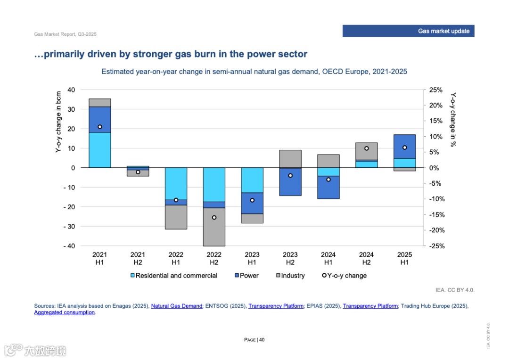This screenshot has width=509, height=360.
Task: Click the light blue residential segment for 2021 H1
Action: (99, 150)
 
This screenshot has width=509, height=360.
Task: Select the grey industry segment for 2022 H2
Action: (214, 227)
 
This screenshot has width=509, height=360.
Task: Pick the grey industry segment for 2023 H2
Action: (290, 159)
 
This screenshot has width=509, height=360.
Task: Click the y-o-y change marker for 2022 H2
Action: (214, 218)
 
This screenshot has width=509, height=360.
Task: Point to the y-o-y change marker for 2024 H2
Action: (366, 148)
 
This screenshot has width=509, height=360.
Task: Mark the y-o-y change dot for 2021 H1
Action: (99, 127)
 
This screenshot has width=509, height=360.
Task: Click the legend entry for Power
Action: (246, 276)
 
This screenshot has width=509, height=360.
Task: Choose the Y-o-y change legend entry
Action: (344, 276)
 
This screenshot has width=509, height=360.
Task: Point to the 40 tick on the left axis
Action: (71, 90)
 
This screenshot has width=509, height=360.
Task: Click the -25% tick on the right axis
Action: (435, 246)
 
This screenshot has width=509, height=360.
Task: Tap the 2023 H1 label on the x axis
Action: (252, 259)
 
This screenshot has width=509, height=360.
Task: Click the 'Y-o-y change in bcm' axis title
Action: (58, 122)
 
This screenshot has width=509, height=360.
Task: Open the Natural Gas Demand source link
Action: (177, 306)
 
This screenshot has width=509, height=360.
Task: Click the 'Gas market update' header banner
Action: (408, 31)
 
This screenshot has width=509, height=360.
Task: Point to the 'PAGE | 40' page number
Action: (254, 340)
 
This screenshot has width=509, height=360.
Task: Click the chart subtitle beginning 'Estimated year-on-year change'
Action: (254, 72)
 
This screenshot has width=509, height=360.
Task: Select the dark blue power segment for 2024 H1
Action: (328, 187)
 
